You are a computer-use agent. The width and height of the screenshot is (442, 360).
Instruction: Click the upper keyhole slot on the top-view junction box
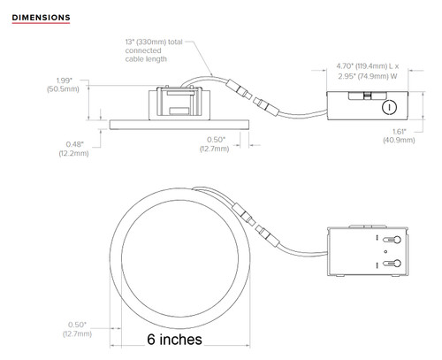pyautogui.click(x=394, y=241)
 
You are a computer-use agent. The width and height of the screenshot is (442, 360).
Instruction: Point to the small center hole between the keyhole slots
pyautogui.click(x=385, y=252)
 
